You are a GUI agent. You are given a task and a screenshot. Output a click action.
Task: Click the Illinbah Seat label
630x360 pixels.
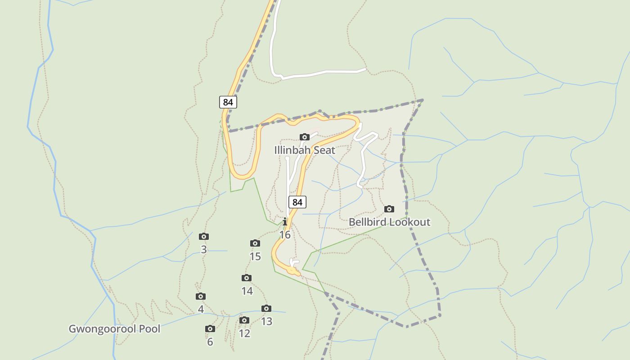(x=305, y=150)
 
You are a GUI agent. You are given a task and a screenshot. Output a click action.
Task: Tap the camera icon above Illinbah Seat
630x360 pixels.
(x=305, y=137)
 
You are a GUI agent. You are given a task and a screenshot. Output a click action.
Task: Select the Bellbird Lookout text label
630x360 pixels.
(x=389, y=222)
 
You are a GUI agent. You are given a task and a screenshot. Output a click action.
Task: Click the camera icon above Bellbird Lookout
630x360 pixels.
(x=389, y=209)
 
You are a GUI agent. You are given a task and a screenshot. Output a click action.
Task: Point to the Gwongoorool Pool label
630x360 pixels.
(x=114, y=328)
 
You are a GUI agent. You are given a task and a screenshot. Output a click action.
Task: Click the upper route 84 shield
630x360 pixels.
(x=228, y=102)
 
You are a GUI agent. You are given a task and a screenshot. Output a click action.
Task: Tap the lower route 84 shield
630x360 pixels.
(x=297, y=202)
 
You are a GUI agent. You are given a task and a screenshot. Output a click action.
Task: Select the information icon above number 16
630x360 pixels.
(x=285, y=221)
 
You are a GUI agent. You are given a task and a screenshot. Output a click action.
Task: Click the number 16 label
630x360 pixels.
(x=285, y=235)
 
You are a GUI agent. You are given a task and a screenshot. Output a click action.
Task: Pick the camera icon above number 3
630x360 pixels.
(x=204, y=236)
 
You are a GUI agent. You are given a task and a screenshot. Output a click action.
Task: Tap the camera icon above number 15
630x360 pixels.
(x=255, y=243)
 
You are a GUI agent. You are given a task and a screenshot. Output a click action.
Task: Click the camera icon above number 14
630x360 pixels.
(x=247, y=278)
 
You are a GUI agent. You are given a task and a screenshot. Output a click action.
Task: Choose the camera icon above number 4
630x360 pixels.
(x=201, y=296)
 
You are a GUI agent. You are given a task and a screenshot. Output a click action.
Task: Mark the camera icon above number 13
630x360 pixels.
(x=266, y=308)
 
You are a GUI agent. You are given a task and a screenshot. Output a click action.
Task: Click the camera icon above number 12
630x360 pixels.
(x=244, y=320)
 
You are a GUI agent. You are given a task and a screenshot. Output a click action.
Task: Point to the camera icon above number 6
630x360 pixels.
(x=210, y=328)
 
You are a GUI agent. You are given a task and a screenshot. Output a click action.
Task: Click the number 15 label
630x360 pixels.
(x=255, y=256)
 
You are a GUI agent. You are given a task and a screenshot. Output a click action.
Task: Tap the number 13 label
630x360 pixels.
(x=266, y=321)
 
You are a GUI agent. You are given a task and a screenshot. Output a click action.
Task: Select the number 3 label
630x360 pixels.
(x=204, y=249)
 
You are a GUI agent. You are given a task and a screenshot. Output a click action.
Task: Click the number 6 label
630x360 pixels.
(x=210, y=342)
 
